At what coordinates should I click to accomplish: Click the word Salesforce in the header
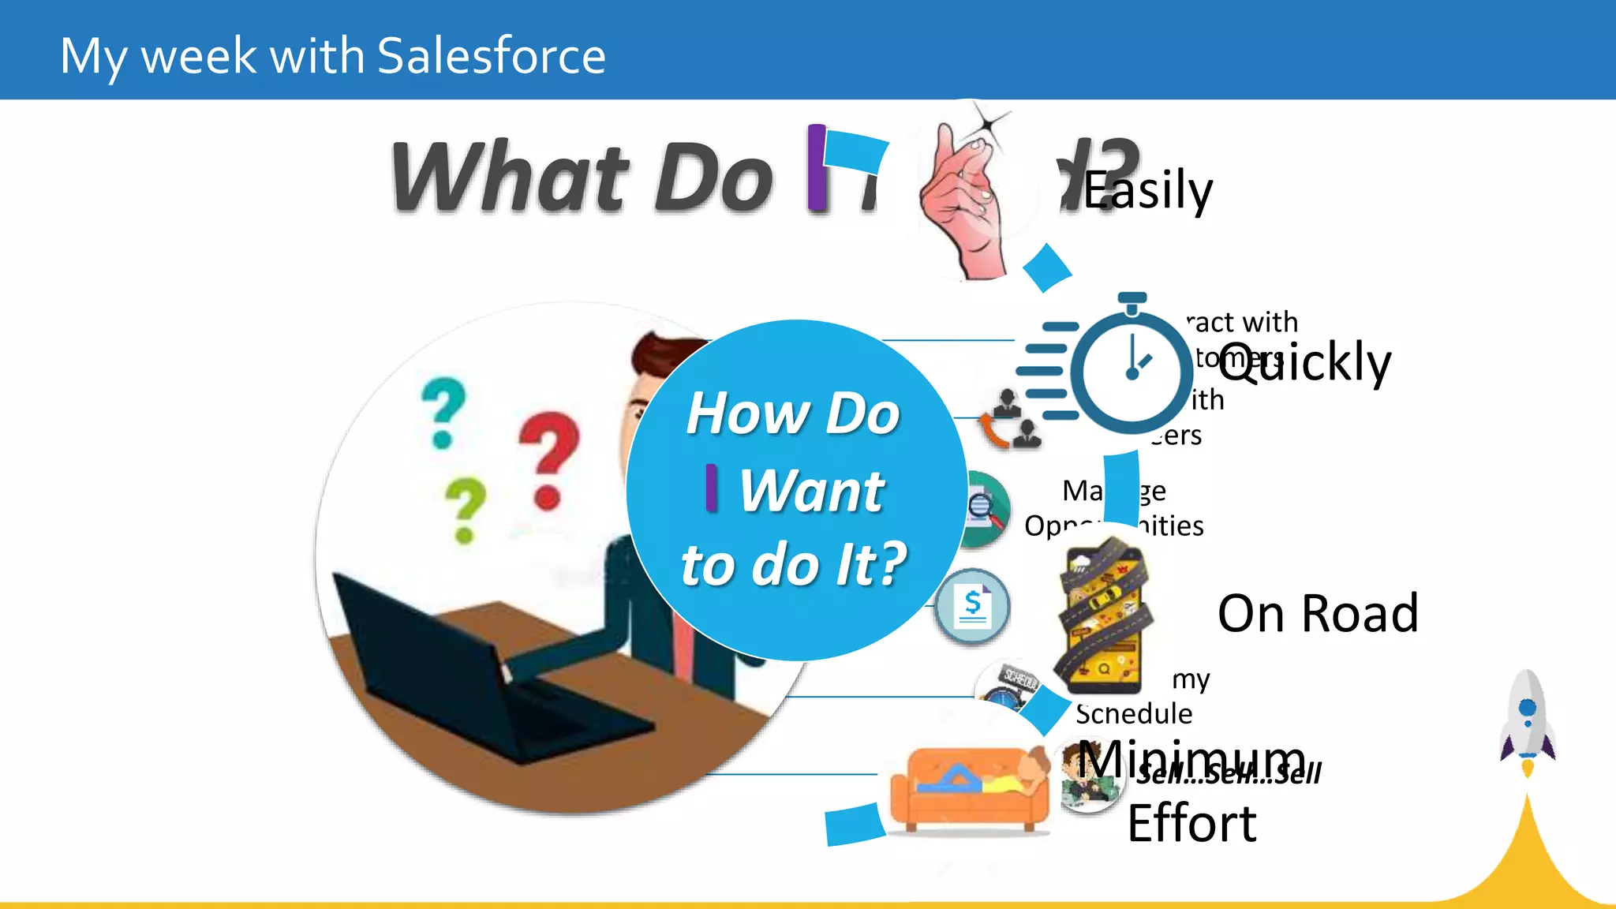pyautogui.click(x=491, y=56)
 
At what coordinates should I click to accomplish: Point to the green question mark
pyautogui.click(x=465, y=509)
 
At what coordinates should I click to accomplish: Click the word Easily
pyautogui.click(x=1147, y=191)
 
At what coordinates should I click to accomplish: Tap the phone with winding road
pyautogui.click(x=1103, y=615)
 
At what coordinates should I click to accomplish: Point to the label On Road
pyautogui.click(x=1318, y=613)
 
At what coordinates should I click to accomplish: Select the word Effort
pyautogui.click(x=1191, y=824)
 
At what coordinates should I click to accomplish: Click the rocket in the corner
pyautogui.click(x=1528, y=718)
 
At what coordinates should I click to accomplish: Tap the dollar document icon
pyautogui.click(x=973, y=606)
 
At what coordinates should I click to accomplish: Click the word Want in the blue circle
pyautogui.click(x=811, y=491)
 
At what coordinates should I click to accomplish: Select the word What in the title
pyautogui.click(x=510, y=178)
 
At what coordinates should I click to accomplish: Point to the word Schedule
pyautogui.click(x=1134, y=713)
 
